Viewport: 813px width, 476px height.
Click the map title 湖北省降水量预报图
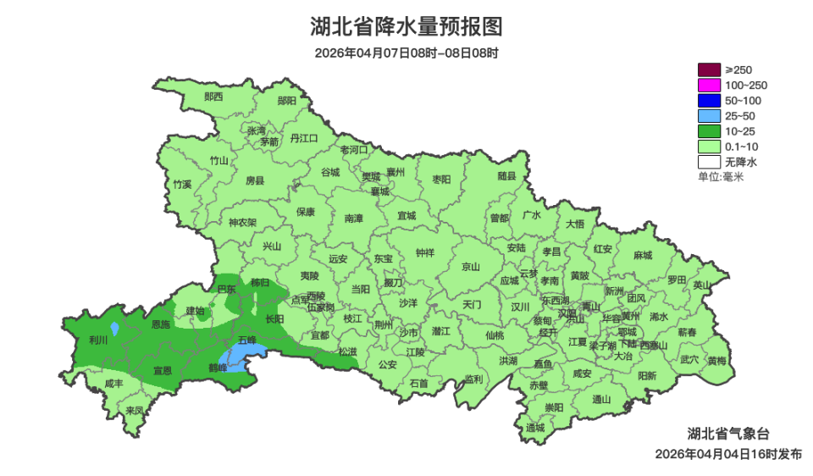point(406,27)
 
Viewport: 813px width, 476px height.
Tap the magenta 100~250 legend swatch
point(709,85)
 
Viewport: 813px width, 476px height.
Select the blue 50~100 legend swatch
point(709,100)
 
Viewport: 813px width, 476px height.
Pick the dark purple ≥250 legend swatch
point(709,69)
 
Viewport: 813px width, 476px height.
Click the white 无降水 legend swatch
point(709,161)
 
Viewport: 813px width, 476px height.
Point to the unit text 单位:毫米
point(720,177)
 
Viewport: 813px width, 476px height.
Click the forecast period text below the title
point(406,53)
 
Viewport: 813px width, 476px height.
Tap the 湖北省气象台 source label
point(728,434)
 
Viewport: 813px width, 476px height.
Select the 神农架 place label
point(242,223)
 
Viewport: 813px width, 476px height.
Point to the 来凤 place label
point(135,411)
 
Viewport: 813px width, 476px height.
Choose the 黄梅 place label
point(717,361)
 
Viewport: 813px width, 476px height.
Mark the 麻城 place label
point(643,256)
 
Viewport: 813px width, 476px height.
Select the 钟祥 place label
point(425,252)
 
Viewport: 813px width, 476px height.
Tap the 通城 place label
point(535,428)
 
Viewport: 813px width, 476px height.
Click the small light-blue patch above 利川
point(114,328)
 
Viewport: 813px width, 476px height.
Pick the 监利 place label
point(473,379)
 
